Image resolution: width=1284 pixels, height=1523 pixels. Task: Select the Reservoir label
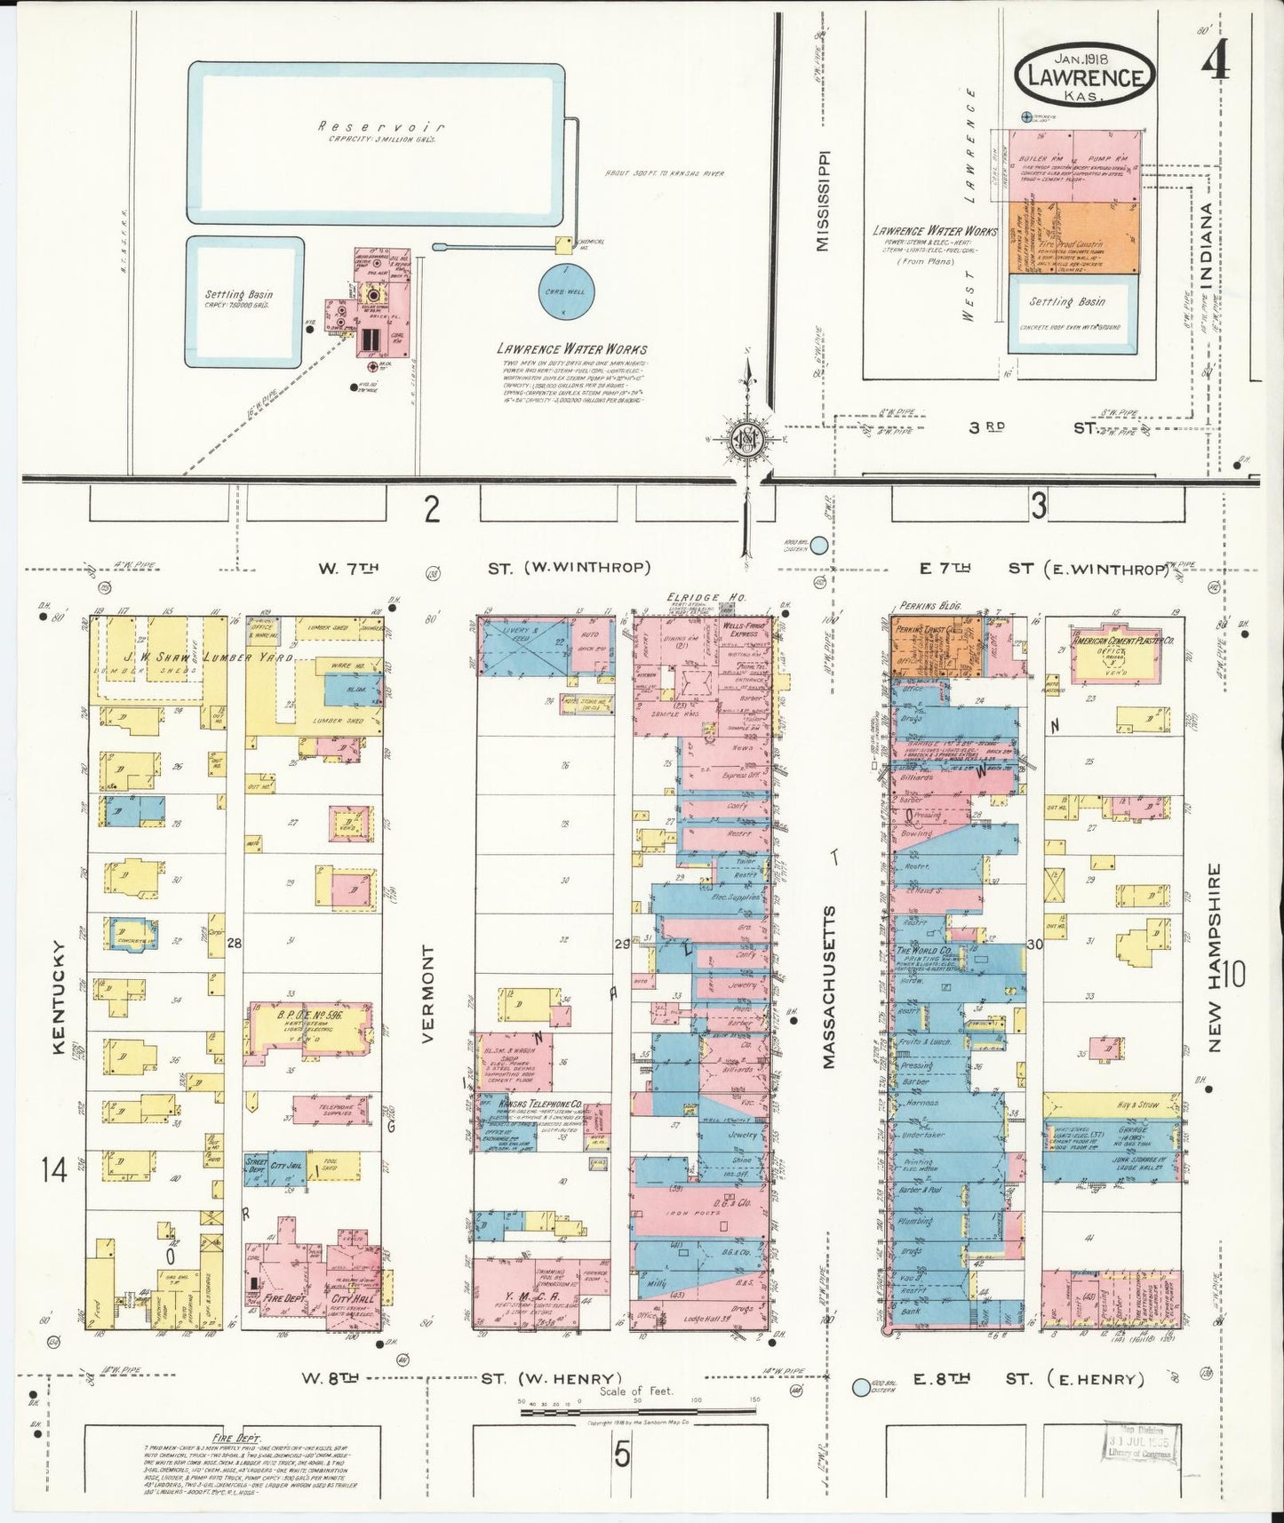[380, 127]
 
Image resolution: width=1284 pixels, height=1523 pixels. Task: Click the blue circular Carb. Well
[566, 292]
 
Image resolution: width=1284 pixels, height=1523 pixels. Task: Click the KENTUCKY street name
[59, 997]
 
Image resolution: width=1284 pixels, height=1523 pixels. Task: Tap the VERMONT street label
[429, 993]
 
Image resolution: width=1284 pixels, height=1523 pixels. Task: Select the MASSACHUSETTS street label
[828, 986]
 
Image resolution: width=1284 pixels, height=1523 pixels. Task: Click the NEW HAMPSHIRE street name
[1214, 958]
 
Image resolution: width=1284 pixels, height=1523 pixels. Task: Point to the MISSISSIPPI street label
[823, 200]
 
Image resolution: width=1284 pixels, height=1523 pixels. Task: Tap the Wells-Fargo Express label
[745, 630]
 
